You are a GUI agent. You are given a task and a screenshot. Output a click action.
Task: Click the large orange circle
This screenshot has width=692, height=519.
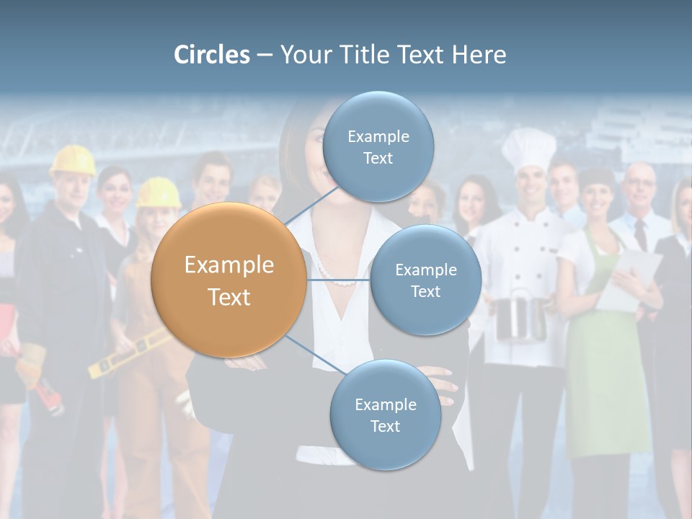229,280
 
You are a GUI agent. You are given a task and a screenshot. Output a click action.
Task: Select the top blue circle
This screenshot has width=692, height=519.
378,147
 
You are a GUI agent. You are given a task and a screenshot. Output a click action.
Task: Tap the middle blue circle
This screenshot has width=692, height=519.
425,280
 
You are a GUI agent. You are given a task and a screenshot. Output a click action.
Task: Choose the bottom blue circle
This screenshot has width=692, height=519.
385,415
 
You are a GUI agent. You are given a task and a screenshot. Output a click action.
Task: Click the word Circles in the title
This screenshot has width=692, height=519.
212,55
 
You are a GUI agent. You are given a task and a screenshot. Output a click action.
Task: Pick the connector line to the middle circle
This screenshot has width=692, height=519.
338,280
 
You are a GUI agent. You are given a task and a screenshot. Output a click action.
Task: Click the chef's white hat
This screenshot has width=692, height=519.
528,148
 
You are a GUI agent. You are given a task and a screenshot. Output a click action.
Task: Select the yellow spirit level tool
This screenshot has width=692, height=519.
130,353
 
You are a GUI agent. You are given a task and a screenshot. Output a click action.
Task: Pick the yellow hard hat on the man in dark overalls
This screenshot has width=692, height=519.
73,160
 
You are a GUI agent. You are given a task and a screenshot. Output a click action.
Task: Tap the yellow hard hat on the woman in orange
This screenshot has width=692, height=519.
159,192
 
